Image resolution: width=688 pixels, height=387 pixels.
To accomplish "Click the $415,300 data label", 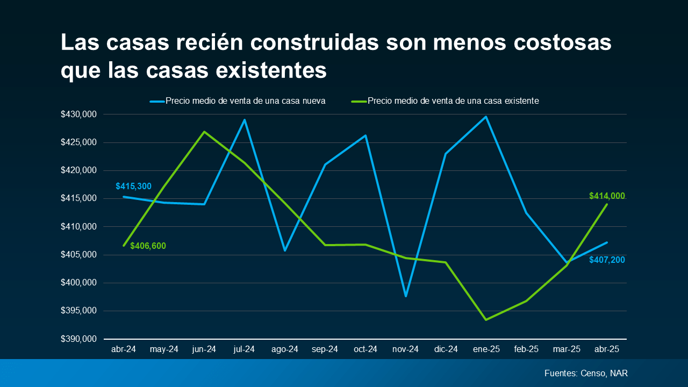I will click(x=133, y=187).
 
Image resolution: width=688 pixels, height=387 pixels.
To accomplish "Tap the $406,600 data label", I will click(x=148, y=246).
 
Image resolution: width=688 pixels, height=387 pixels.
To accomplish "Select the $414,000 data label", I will click(x=607, y=196).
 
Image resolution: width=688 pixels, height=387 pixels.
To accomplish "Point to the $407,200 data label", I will click(x=607, y=260).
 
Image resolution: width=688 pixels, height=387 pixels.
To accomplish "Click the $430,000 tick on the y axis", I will click(x=78, y=114).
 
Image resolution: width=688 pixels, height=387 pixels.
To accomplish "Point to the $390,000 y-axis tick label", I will click(x=78, y=339).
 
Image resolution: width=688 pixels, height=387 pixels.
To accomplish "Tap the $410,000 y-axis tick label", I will click(x=78, y=227).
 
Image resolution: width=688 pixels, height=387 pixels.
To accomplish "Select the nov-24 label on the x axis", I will click(x=405, y=349).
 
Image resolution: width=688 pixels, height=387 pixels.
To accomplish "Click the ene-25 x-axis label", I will click(x=486, y=349).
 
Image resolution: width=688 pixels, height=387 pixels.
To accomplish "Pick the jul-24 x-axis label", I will click(x=244, y=349).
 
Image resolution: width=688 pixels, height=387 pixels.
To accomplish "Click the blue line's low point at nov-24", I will click(x=406, y=296).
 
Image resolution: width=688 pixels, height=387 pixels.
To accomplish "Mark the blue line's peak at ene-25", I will click(x=486, y=117).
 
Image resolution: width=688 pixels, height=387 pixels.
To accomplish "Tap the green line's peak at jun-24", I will click(x=204, y=132).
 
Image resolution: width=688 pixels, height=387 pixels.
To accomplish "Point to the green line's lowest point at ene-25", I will click(x=486, y=320).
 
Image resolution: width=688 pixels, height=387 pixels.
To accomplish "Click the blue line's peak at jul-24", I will click(x=245, y=120).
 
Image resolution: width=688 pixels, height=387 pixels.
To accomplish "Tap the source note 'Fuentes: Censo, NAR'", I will click(x=586, y=373).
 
